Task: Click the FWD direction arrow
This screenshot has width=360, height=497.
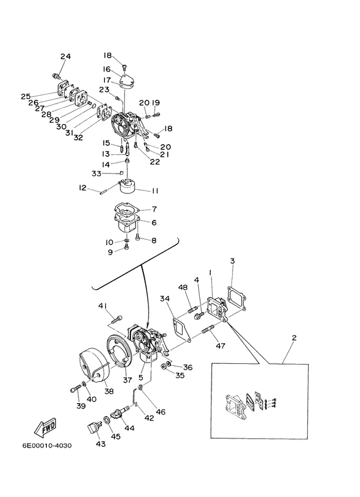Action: tap(45, 428)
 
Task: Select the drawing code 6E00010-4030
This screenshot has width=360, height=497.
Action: tap(47, 446)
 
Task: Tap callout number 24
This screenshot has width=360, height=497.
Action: tap(66, 57)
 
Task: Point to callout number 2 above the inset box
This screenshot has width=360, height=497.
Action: tap(294, 338)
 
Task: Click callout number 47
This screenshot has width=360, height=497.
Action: tap(221, 345)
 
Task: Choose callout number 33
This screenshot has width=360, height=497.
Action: tap(96, 174)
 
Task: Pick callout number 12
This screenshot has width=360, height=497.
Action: tap(82, 188)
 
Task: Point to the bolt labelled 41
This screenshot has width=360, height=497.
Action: tap(116, 318)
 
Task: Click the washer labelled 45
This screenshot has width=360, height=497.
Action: tap(107, 420)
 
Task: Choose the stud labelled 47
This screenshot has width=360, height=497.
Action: tap(208, 329)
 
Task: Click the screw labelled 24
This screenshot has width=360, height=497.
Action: tap(57, 76)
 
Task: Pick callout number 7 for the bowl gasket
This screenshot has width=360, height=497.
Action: tap(154, 209)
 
